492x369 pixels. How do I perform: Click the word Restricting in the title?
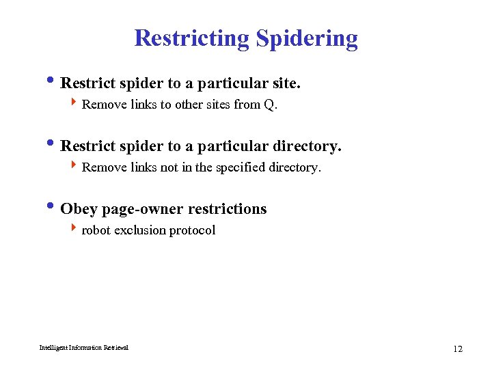192,38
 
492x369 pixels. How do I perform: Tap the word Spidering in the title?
307,39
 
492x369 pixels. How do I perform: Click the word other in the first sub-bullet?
178,105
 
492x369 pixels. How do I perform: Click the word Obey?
79,209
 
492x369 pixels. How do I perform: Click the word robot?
96,230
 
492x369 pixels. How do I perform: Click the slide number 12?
457,349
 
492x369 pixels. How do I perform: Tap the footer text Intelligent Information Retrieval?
83,348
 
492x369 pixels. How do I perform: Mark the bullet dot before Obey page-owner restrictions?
54,208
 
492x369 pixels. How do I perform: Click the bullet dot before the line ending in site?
54,82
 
